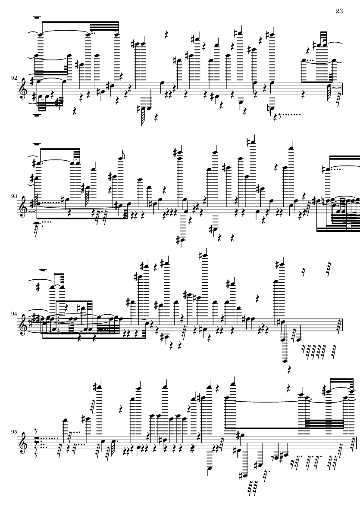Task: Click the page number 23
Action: (339, 11)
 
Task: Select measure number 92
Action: (14, 78)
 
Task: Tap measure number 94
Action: (14, 314)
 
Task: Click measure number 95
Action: (14, 432)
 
